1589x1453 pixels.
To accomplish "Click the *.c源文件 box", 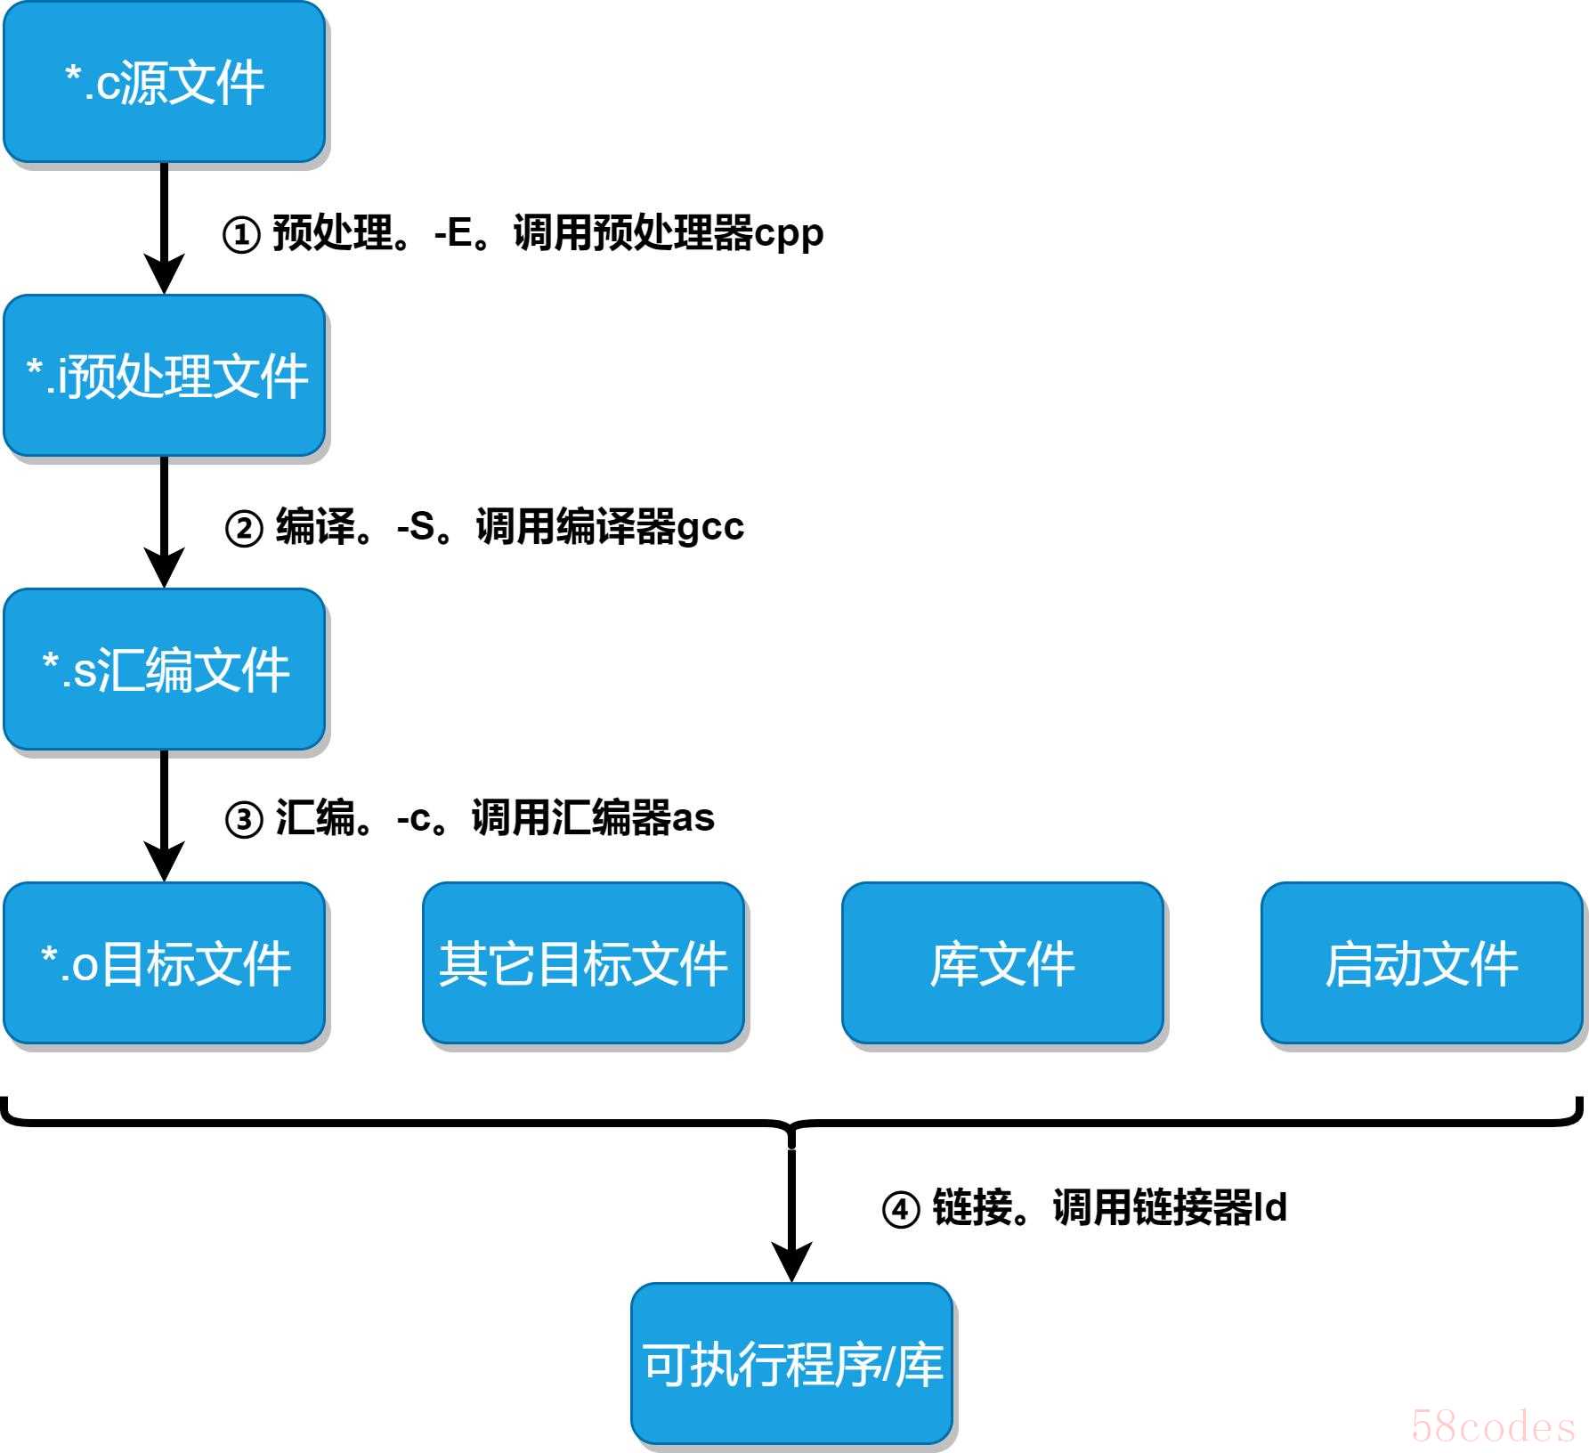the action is (165, 82).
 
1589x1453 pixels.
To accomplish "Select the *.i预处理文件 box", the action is (165, 376).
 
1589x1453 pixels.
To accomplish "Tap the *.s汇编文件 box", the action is (165, 669).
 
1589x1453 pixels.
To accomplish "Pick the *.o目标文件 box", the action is (165, 962).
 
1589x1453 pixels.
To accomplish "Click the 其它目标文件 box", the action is (583, 962).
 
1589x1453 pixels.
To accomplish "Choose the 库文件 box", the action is (1002, 962).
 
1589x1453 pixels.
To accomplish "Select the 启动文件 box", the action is (1422, 962).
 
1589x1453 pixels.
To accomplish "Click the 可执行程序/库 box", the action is (792, 1363).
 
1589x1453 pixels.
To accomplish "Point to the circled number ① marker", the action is (241, 235).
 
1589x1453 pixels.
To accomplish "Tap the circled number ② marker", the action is (244, 528).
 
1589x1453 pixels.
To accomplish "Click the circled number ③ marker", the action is (244, 820).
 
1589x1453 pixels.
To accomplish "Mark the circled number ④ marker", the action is (900, 1210).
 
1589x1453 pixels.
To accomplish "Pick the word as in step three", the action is (693, 818).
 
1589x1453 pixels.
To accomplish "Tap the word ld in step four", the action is (1270, 1207).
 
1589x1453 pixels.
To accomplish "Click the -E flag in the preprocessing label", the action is (453, 233).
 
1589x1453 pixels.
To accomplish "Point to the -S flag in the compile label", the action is (416, 526).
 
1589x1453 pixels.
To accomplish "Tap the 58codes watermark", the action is (1493, 1425).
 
